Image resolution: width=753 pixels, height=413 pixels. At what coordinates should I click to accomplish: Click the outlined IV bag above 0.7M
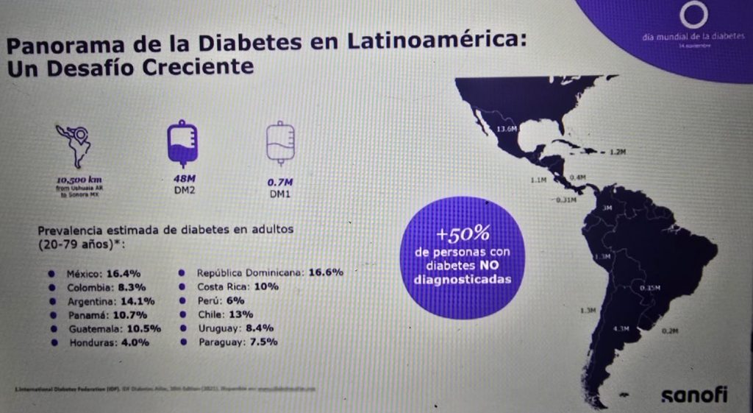pos(279,143)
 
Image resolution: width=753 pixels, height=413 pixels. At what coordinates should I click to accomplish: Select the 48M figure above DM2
pos(182,179)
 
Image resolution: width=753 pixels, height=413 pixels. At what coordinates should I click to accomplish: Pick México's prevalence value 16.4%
pos(124,272)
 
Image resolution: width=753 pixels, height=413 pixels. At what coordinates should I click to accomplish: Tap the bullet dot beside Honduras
pos(52,342)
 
